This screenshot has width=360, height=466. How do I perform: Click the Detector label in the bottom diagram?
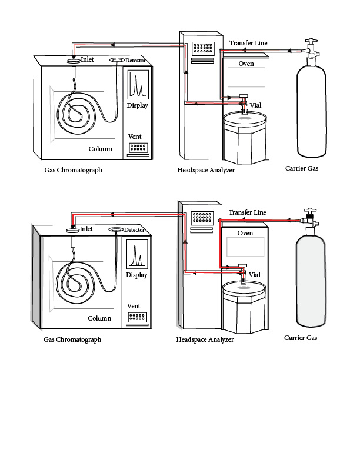coord(134,229)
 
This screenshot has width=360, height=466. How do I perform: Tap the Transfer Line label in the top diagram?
coord(248,44)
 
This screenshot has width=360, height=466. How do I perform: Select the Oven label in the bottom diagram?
coord(245,233)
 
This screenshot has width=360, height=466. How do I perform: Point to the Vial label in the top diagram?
coord(255,105)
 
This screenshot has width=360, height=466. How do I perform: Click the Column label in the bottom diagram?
coord(99,318)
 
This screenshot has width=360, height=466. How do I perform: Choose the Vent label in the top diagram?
coord(134,137)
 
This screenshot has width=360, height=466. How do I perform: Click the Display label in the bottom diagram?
coord(137,275)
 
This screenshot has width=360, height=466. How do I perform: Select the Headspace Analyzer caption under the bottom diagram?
coord(205,339)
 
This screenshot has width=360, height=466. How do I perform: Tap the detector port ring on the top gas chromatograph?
coord(117,60)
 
